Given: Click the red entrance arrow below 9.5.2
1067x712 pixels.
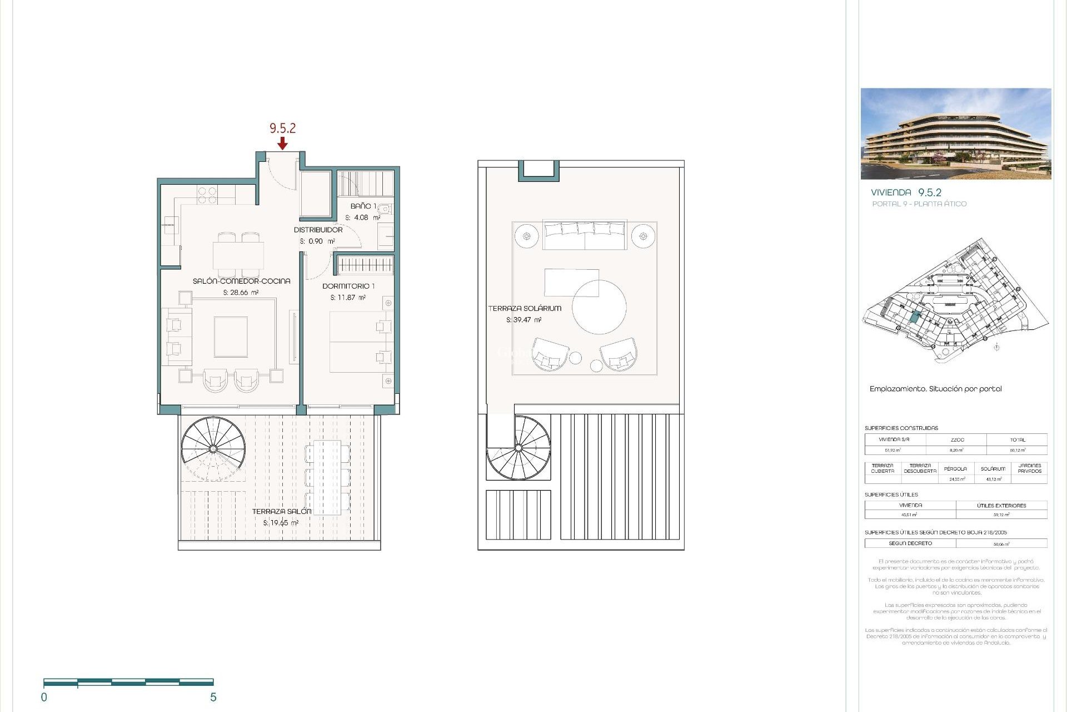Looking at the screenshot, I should [x=282, y=144].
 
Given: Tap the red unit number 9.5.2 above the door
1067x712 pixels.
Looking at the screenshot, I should [x=282, y=128].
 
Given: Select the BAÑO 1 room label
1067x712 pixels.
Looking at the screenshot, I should [x=363, y=206].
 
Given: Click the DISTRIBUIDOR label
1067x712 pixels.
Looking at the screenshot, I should [x=318, y=230].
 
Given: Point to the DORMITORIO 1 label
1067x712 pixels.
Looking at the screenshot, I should [x=348, y=286].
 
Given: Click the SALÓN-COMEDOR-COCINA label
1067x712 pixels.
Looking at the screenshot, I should [x=241, y=281].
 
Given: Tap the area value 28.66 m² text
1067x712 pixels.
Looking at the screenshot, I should [x=241, y=293].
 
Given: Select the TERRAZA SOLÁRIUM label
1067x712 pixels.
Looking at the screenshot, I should [x=525, y=308].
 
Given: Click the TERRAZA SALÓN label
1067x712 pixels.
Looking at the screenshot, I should [x=281, y=511].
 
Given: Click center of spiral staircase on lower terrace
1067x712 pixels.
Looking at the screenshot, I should [x=213, y=448].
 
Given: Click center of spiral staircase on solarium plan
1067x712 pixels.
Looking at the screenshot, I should [x=518, y=448].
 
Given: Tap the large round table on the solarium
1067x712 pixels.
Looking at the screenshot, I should [x=599, y=307].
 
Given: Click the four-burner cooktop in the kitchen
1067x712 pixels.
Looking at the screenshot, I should [x=207, y=195].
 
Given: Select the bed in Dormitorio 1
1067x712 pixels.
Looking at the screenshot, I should [x=356, y=342].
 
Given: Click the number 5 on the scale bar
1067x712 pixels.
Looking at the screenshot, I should [x=213, y=697].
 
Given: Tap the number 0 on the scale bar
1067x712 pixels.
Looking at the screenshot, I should [x=44, y=697].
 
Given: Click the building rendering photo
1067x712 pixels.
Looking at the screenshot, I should [x=955, y=133].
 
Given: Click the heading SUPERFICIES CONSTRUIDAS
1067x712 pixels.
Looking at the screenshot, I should [x=901, y=428].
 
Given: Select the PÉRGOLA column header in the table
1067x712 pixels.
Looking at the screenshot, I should [x=955, y=468].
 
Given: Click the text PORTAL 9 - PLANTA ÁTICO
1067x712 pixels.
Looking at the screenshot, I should [x=919, y=204].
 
